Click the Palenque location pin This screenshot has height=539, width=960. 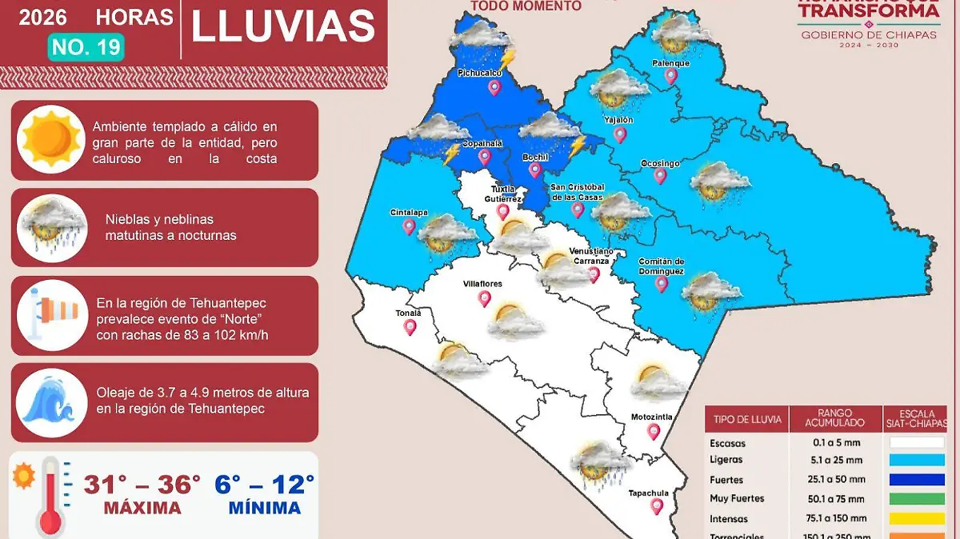tap(670, 76)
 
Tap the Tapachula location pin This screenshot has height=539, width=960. tap(658, 506)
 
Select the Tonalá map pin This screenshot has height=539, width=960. tap(410, 326)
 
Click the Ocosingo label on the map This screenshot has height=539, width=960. tap(660, 164)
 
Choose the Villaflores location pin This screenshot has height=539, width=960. tap(484, 298)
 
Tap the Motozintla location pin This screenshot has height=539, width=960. tap(654, 432)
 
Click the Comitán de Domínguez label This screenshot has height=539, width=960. tap(661, 266)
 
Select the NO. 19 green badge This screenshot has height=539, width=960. tap(86, 47)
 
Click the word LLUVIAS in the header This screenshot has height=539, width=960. tap(283, 26)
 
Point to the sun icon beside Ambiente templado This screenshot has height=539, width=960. tap(52, 139)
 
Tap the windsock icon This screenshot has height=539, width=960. tap(52, 315)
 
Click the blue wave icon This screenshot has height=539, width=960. tap(52, 400)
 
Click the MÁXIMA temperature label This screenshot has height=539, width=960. tap(142, 508)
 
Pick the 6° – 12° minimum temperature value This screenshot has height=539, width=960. tap(264, 485)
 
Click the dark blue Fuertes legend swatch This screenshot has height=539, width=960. tap(916, 480)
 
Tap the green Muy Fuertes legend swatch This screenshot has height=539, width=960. tap(916, 499)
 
